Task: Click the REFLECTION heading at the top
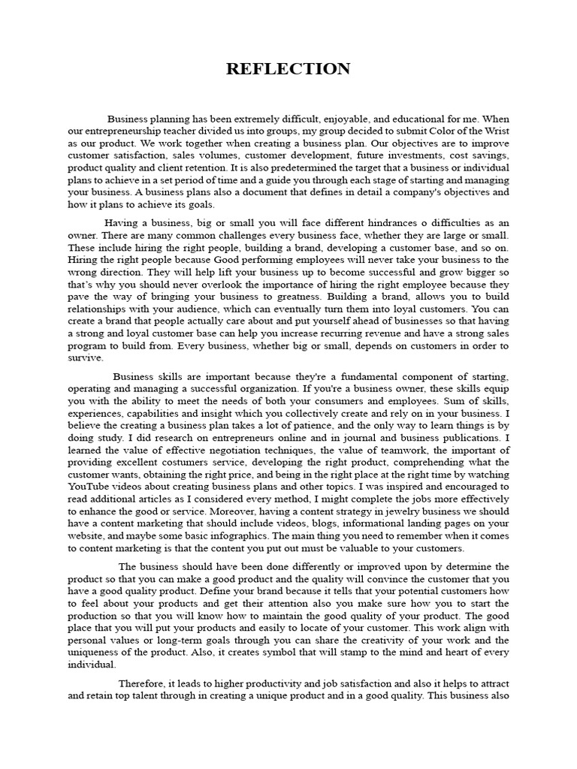click(288, 70)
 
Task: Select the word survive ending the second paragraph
click(84, 358)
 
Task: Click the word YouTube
click(92, 486)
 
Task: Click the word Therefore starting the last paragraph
click(145, 683)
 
